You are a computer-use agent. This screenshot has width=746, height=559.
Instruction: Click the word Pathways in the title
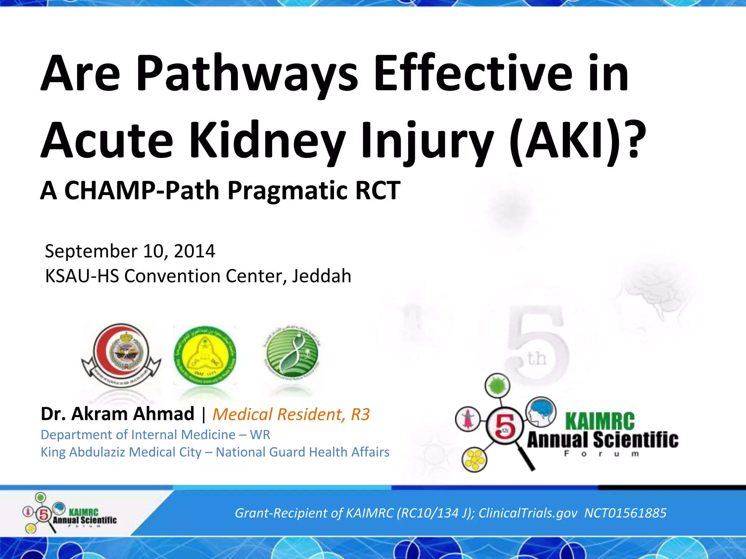(247, 73)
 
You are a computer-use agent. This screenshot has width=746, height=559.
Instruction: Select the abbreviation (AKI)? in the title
(577, 140)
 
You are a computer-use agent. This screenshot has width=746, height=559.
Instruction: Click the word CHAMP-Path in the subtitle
(142, 190)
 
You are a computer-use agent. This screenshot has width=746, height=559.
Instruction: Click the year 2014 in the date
(195, 251)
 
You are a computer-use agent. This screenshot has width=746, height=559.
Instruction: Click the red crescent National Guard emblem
(121, 355)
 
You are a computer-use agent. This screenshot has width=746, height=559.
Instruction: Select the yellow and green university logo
(205, 356)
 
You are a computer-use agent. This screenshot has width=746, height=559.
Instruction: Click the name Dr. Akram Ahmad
(117, 414)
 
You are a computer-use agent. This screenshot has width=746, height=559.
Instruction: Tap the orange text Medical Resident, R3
(291, 414)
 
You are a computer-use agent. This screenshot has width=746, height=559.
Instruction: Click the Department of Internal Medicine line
(155, 435)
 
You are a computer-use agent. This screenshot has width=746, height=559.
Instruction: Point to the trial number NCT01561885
(625, 513)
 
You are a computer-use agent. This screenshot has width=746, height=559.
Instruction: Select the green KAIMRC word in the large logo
(600, 421)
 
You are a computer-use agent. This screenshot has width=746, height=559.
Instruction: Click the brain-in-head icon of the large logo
(541, 412)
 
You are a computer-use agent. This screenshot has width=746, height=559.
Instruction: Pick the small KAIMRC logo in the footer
(69, 514)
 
